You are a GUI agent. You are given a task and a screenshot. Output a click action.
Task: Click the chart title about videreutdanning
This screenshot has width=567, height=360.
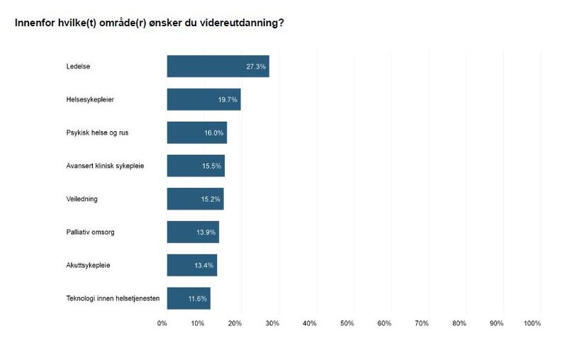[150, 23]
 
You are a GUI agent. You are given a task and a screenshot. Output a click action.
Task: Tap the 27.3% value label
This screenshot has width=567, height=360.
[256, 67]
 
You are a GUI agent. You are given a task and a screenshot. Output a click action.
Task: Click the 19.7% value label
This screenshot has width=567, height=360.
[228, 100]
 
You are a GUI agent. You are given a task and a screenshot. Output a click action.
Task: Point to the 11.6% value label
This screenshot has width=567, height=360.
[197, 299]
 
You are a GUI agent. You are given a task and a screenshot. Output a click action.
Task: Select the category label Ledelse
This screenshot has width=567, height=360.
[78, 67]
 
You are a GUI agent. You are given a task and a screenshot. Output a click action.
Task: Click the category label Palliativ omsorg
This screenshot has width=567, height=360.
[91, 232]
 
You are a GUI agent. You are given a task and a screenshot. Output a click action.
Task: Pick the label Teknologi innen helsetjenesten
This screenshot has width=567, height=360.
[113, 298]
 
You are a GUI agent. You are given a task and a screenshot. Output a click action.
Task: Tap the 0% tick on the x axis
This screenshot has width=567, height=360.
[162, 323]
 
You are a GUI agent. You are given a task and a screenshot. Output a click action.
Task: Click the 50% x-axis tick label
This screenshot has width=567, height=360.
[347, 323]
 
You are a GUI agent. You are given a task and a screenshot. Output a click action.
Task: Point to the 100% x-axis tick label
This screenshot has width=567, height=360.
[532, 323]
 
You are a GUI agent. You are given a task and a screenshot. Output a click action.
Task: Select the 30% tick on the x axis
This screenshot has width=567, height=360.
[272, 323]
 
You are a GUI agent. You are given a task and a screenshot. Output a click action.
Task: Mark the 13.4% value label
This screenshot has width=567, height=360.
[203, 266]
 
